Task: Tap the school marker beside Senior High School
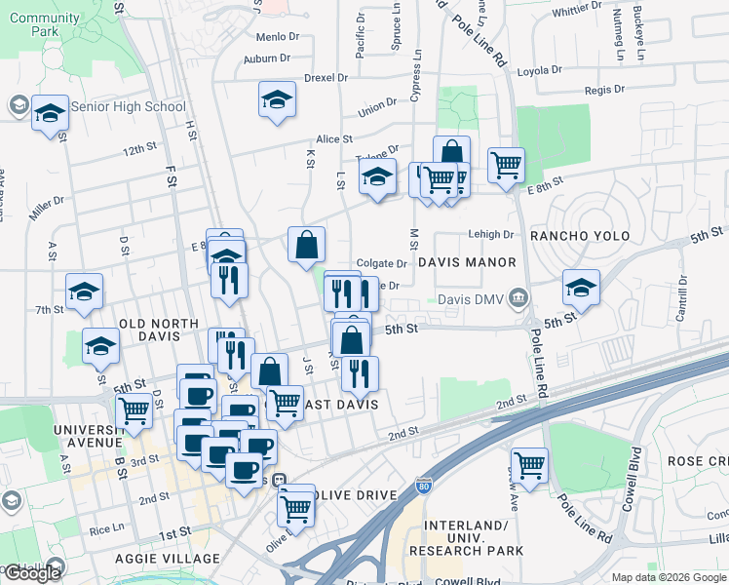tap(50, 113)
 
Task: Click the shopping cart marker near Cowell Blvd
tap(529, 464)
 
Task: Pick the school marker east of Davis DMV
tap(581, 288)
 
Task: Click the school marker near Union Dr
tap(277, 99)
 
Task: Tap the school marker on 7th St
tap(84, 292)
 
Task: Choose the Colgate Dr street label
tap(381, 263)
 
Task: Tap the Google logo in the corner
tap(32, 573)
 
